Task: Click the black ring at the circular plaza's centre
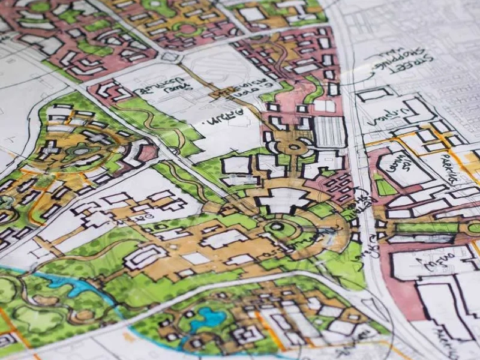pyautogui.click(x=277, y=227)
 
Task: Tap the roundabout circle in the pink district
pyautogui.click(x=294, y=146)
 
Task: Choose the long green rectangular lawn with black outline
pyautogui.click(x=427, y=227)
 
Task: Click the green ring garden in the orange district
pyautogui.click(x=187, y=28)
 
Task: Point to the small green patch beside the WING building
pyautogui.click(x=384, y=186)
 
